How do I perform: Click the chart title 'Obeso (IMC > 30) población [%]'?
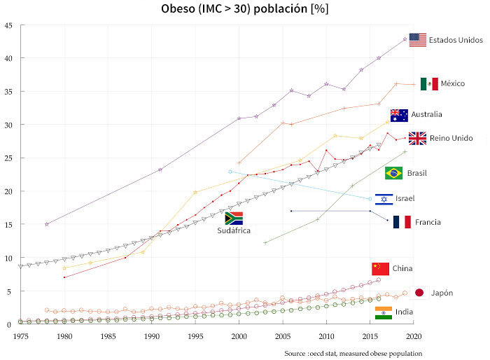pyautogui.click(x=244, y=9)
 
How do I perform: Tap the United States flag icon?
pyautogui.click(x=418, y=40)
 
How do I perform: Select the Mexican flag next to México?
pyautogui.click(x=429, y=84)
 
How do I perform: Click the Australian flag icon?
pyautogui.click(x=399, y=115)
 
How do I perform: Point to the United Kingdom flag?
pyautogui.click(x=418, y=138)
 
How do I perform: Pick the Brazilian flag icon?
pyautogui.click(x=393, y=173)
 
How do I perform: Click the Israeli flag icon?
pyautogui.click(x=384, y=200)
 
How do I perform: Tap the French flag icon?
pyautogui.click(x=402, y=222)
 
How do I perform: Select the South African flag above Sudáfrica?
pyautogui.click(x=233, y=219)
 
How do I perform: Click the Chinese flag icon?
pyautogui.click(x=380, y=269)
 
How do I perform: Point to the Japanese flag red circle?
pyautogui.click(x=419, y=293)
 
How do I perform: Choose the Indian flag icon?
pyautogui.click(x=384, y=312)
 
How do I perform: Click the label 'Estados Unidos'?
pyautogui.click(x=456, y=40)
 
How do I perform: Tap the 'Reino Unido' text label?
pyautogui.click(x=451, y=138)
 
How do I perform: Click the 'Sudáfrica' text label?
pyautogui.click(x=233, y=230)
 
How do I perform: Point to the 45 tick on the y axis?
pyautogui.click(x=8, y=26)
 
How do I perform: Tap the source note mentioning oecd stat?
pyautogui.click(x=353, y=353)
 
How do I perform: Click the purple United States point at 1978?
pyautogui.click(x=47, y=224)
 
